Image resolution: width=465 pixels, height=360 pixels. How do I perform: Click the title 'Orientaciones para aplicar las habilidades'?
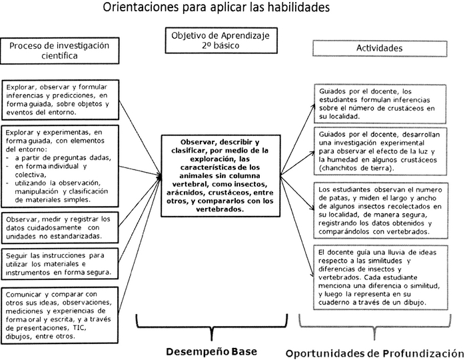[x=225, y=9]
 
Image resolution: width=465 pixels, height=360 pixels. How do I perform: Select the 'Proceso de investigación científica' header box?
[x=58, y=50]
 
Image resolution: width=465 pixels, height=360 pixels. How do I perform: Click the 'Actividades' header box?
[x=379, y=49]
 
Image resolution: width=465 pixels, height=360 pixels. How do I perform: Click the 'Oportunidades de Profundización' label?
[x=374, y=351]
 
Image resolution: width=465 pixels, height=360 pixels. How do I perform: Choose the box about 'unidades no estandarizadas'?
[x=61, y=227]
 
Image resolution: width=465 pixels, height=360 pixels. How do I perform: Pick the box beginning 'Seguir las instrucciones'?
[x=61, y=264]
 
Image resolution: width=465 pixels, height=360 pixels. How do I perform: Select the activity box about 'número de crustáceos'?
[x=377, y=103]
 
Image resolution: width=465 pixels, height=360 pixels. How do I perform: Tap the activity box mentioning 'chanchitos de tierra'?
[x=377, y=151]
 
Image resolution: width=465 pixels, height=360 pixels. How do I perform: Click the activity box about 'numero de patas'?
[x=377, y=211]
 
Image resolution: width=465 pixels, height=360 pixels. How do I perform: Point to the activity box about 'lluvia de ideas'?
[x=377, y=277]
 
